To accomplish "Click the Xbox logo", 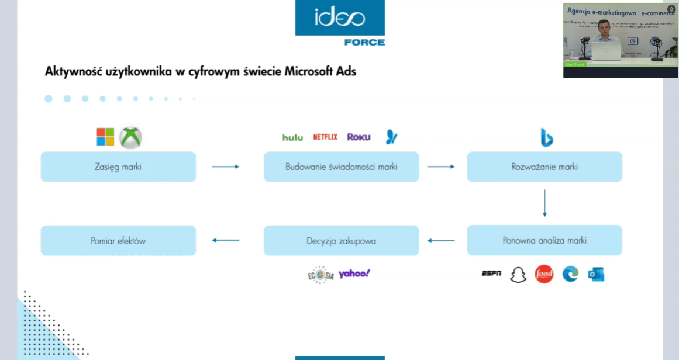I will click(130, 138).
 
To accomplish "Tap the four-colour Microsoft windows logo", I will click(105, 137).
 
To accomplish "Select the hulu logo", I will click(292, 137).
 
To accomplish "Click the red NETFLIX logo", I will click(325, 137).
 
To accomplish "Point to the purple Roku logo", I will click(359, 137).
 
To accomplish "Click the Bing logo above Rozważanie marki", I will click(547, 137).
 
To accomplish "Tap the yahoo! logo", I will click(354, 274).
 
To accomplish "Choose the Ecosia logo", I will click(320, 275).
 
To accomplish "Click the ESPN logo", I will click(491, 274).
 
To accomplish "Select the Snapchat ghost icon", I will click(518, 275).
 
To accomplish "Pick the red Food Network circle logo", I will click(544, 274).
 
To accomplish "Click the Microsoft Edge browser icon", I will click(570, 274).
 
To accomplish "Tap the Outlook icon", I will click(596, 274).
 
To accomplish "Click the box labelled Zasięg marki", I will click(118, 167).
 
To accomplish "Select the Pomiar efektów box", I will click(118, 240).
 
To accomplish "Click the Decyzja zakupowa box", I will click(341, 240).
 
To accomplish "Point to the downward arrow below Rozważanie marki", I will click(544, 203).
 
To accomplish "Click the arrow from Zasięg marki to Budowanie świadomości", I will click(225, 167).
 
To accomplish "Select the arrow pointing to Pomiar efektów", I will click(225, 240).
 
